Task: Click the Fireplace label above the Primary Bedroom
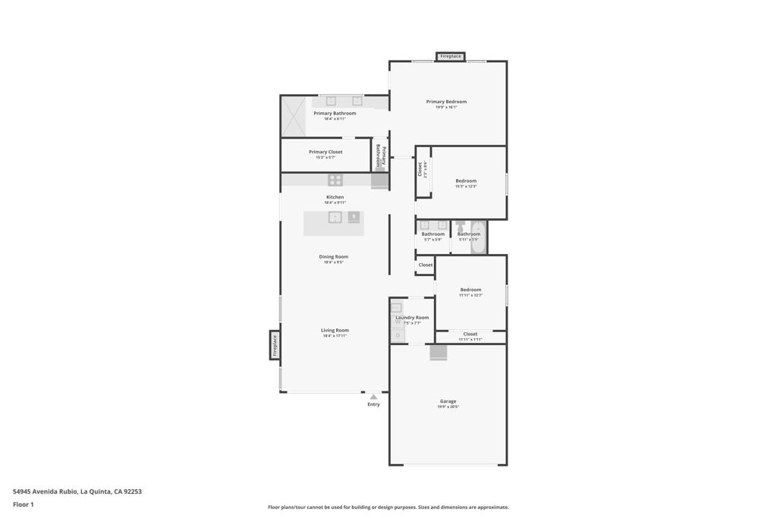tap(450, 56)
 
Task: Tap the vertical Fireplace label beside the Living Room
tap(275, 345)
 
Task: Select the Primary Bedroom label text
tap(446, 102)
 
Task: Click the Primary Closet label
tap(326, 152)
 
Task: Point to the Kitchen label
tap(335, 197)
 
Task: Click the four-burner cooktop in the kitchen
tap(335, 180)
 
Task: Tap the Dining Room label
tap(334, 257)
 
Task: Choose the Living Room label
tap(335, 331)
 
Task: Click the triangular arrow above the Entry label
tap(373, 397)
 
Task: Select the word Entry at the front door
tap(373, 404)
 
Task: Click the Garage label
tap(448, 401)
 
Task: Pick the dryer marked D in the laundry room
tap(398, 335)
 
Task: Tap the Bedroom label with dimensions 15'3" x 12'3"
tap(466, 181)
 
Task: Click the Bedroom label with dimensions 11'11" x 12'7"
tap(470, 290)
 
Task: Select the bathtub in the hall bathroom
tap(478, 237)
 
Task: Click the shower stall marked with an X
tap(293, 117)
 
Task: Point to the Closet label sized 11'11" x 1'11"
tap(470, 334)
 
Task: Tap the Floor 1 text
tap(24, 504)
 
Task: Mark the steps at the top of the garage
tap(439, 353)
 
